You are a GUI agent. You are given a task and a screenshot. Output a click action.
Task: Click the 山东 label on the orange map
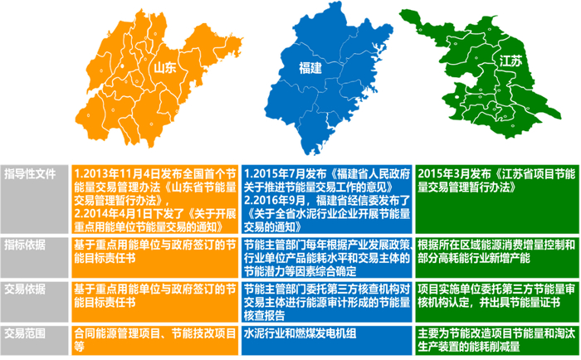click(165, 68)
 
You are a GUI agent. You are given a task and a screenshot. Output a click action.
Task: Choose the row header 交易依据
click(26, 288)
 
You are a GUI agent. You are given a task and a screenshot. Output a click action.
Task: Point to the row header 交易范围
click(26, 331)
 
